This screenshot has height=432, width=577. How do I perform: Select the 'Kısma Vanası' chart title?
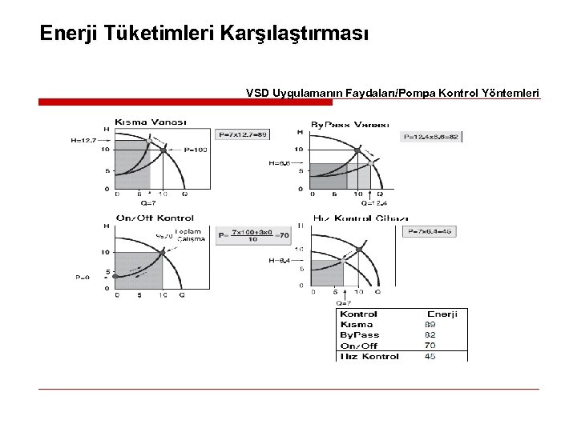151,122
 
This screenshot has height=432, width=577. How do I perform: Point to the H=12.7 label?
83,141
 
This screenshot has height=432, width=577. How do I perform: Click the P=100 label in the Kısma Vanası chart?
196,150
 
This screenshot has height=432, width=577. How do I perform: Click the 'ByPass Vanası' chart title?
349,125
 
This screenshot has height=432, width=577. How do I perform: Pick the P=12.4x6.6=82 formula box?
432,137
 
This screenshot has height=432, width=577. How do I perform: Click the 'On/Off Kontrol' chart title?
155,218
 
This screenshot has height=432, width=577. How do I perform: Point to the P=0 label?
83,277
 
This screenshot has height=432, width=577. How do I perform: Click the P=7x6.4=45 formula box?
431,231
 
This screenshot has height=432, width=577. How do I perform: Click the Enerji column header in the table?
442,314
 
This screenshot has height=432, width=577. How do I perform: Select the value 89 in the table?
430,325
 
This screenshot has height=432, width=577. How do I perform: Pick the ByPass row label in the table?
360,335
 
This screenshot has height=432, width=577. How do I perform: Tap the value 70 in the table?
430,346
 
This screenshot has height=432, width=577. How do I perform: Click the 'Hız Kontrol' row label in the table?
369,356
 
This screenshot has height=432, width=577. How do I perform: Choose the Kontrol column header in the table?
359,314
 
